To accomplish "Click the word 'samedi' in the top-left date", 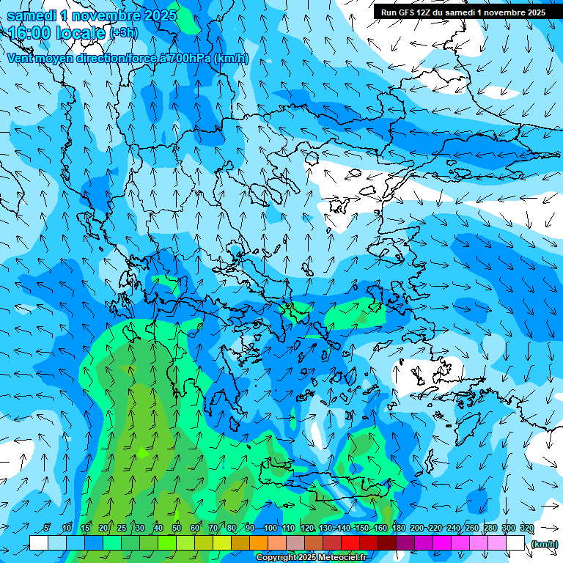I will (32, 15).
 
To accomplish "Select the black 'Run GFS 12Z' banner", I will (463, 12).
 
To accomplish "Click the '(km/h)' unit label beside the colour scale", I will (544, 544).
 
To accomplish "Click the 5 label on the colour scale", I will (46, 529).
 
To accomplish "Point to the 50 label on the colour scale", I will (176, 529).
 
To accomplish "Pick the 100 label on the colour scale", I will (270, 529).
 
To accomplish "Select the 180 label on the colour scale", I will (399, 529).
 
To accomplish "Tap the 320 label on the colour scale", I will (527, 529).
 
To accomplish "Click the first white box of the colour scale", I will (39, 543).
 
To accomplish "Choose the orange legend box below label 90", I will (259, 543).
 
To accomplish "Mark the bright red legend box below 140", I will (350, 543).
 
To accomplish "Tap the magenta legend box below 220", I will (442, 543).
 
